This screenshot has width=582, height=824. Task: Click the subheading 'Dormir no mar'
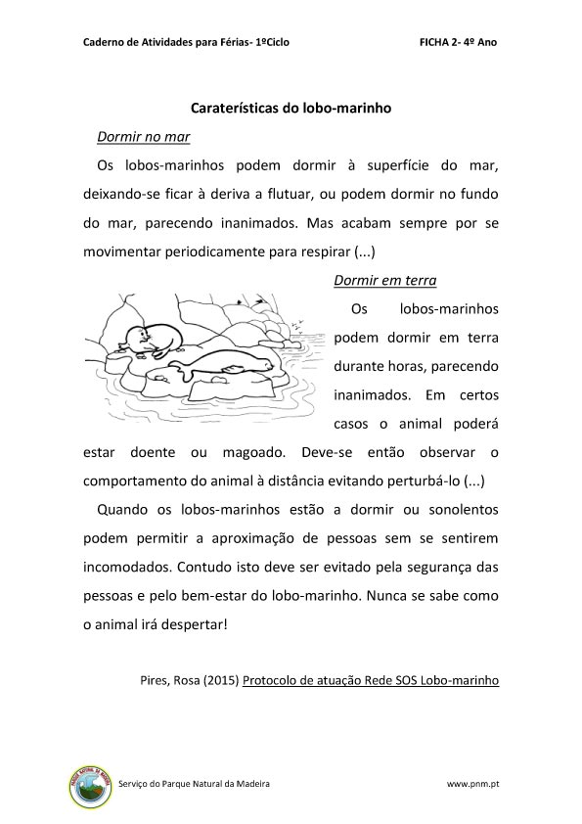tap(143, 136)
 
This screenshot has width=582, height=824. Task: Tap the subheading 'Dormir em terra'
tap(384, 281)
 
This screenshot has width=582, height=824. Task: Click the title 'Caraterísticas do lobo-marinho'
tap(291, 110)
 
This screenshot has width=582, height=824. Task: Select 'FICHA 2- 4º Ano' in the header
tap(458, 44)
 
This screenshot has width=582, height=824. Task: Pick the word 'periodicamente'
tap(222, 250)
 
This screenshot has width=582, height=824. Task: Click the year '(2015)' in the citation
tap(220, 678)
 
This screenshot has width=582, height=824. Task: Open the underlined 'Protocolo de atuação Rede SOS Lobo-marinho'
tap(371, 678)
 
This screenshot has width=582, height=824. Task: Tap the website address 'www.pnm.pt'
tap(473, 784)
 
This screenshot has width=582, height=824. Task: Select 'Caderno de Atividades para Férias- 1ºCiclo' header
tap(186, 44)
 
